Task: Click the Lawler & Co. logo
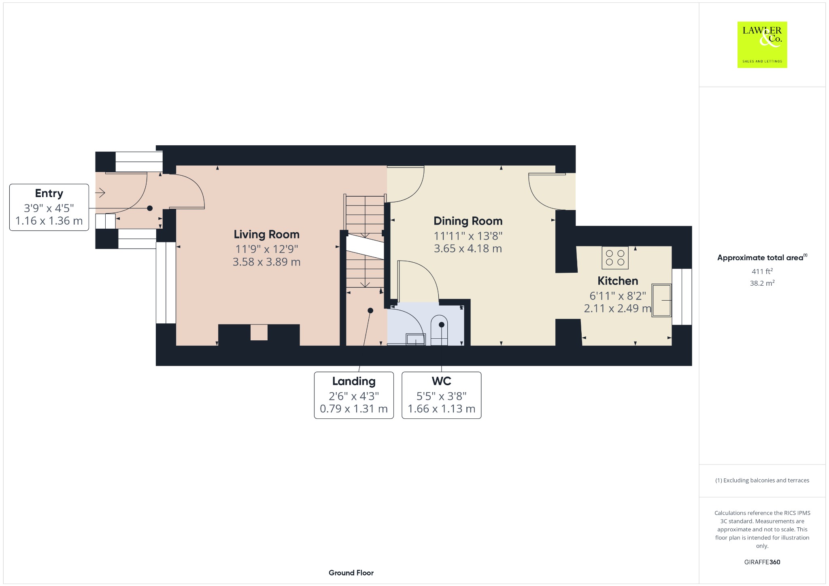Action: click(x=762, y=45)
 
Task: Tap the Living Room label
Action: click(x=266, y=234)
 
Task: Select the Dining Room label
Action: click(x=468, y=221)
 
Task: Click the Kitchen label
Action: click(x=618, y=281)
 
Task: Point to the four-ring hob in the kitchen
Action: click(x=615, y=258)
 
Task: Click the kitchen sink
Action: click(x=661, y=300)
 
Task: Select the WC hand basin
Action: click(x=415, y=339)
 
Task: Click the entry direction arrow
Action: click(x=100, y=193)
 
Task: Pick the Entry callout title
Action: click(x=49, y=193)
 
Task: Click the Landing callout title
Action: click(x=354, y=381)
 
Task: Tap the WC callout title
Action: click(x=441, y=381)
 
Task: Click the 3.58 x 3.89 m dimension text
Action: click(x=266, y=262)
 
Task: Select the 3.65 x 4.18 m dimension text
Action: click(x=468, y=248)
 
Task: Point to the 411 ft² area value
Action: click(x=762, y=271)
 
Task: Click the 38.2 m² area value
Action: click(x=762, y=283)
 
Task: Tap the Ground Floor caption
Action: click(x=351, y=573)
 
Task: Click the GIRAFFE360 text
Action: click(x=762, y=562)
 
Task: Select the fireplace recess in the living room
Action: click(x=259, y=332)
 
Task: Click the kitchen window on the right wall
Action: click(x=682, y=297)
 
